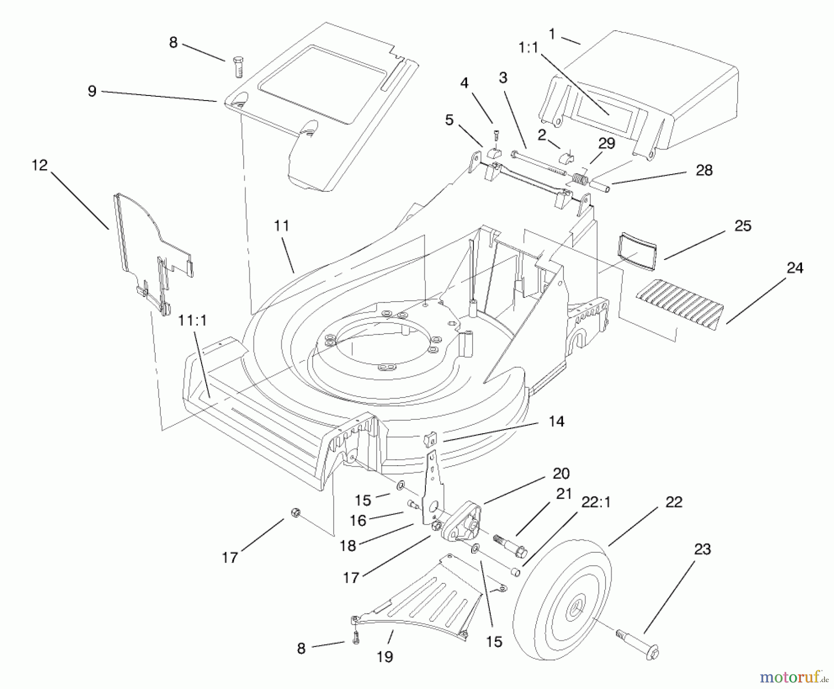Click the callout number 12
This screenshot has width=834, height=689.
40,165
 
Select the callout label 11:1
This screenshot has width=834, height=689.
193,321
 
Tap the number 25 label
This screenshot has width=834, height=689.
743,226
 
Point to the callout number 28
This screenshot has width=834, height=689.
704,170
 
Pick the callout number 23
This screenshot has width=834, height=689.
703,549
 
